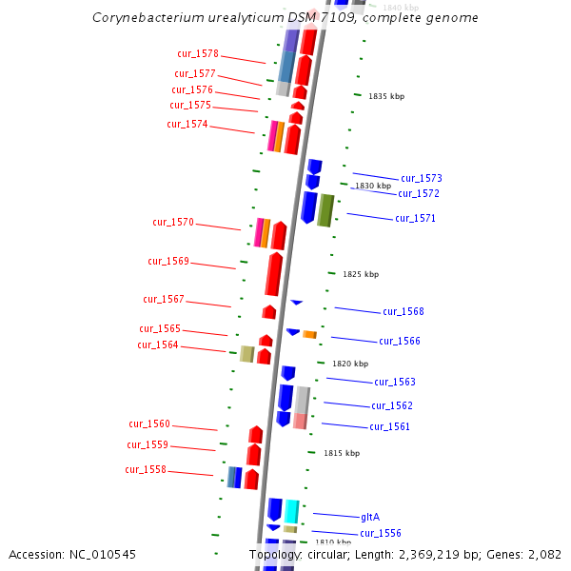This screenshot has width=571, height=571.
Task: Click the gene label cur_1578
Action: click(198, 54)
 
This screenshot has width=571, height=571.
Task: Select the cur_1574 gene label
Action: click(187, 124)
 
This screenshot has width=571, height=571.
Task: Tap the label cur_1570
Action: click(173, 223)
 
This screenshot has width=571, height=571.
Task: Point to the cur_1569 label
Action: click(168, 262)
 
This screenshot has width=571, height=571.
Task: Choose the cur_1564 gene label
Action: click(158, 345)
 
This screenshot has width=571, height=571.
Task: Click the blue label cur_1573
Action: click(422, 179)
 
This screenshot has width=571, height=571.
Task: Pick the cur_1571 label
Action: click(416, 219)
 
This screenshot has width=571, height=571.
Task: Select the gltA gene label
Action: click(370, 517)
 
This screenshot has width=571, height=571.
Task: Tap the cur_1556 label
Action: click(381, 533)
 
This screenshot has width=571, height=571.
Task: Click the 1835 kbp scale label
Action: click(386, 96)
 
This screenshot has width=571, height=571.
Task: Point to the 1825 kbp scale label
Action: click(361, 274)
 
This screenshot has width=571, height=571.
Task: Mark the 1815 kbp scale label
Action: click(342, 454)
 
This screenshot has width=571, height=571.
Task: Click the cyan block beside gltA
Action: click(292, 510)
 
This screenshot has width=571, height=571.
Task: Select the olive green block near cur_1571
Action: click(325, 209)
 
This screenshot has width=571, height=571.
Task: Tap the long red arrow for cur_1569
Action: click(274, 274)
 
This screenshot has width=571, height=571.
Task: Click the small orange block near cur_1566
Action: click(309, 334)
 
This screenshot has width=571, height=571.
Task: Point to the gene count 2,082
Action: click(545, 554)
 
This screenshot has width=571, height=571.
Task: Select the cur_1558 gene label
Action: click(146, 470)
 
